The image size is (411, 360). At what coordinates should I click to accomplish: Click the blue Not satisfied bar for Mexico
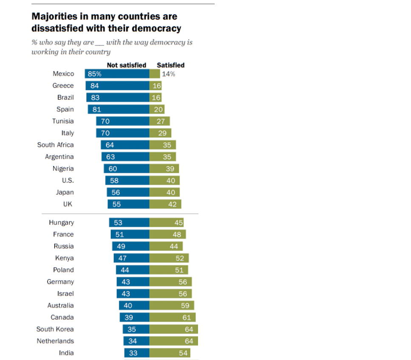tap(117, 74)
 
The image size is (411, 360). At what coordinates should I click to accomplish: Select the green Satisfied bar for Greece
tap(156, 86)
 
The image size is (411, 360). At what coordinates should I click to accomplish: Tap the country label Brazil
tap(65, 97)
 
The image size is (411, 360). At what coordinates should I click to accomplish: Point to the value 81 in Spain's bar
tap(97, 110)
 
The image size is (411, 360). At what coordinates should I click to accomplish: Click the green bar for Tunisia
tap(160, 121)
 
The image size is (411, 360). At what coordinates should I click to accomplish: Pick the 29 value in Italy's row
tap(162, 133)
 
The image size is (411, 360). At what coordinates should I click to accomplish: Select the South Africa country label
tap(55, 145)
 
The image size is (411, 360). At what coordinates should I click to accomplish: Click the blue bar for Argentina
tap(125, 157)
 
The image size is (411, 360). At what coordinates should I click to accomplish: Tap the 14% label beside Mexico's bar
tap(168, 74)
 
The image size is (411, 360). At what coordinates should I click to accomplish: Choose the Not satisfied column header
tap(126, 65)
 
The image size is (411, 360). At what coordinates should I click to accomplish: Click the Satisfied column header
tap(170, 65)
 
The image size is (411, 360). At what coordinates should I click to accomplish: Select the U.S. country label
tap(68, 180)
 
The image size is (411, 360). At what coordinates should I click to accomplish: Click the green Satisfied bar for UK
tap(165, 204)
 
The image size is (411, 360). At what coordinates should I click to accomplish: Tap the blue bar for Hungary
tap(129, 222)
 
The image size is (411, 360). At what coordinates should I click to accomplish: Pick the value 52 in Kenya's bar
tap(180, 259)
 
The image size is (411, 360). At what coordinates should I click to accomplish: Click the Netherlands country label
tap(55, 341)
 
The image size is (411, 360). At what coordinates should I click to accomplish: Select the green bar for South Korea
tap(173, 329)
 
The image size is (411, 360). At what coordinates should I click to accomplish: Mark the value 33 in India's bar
tap(133, 353)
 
